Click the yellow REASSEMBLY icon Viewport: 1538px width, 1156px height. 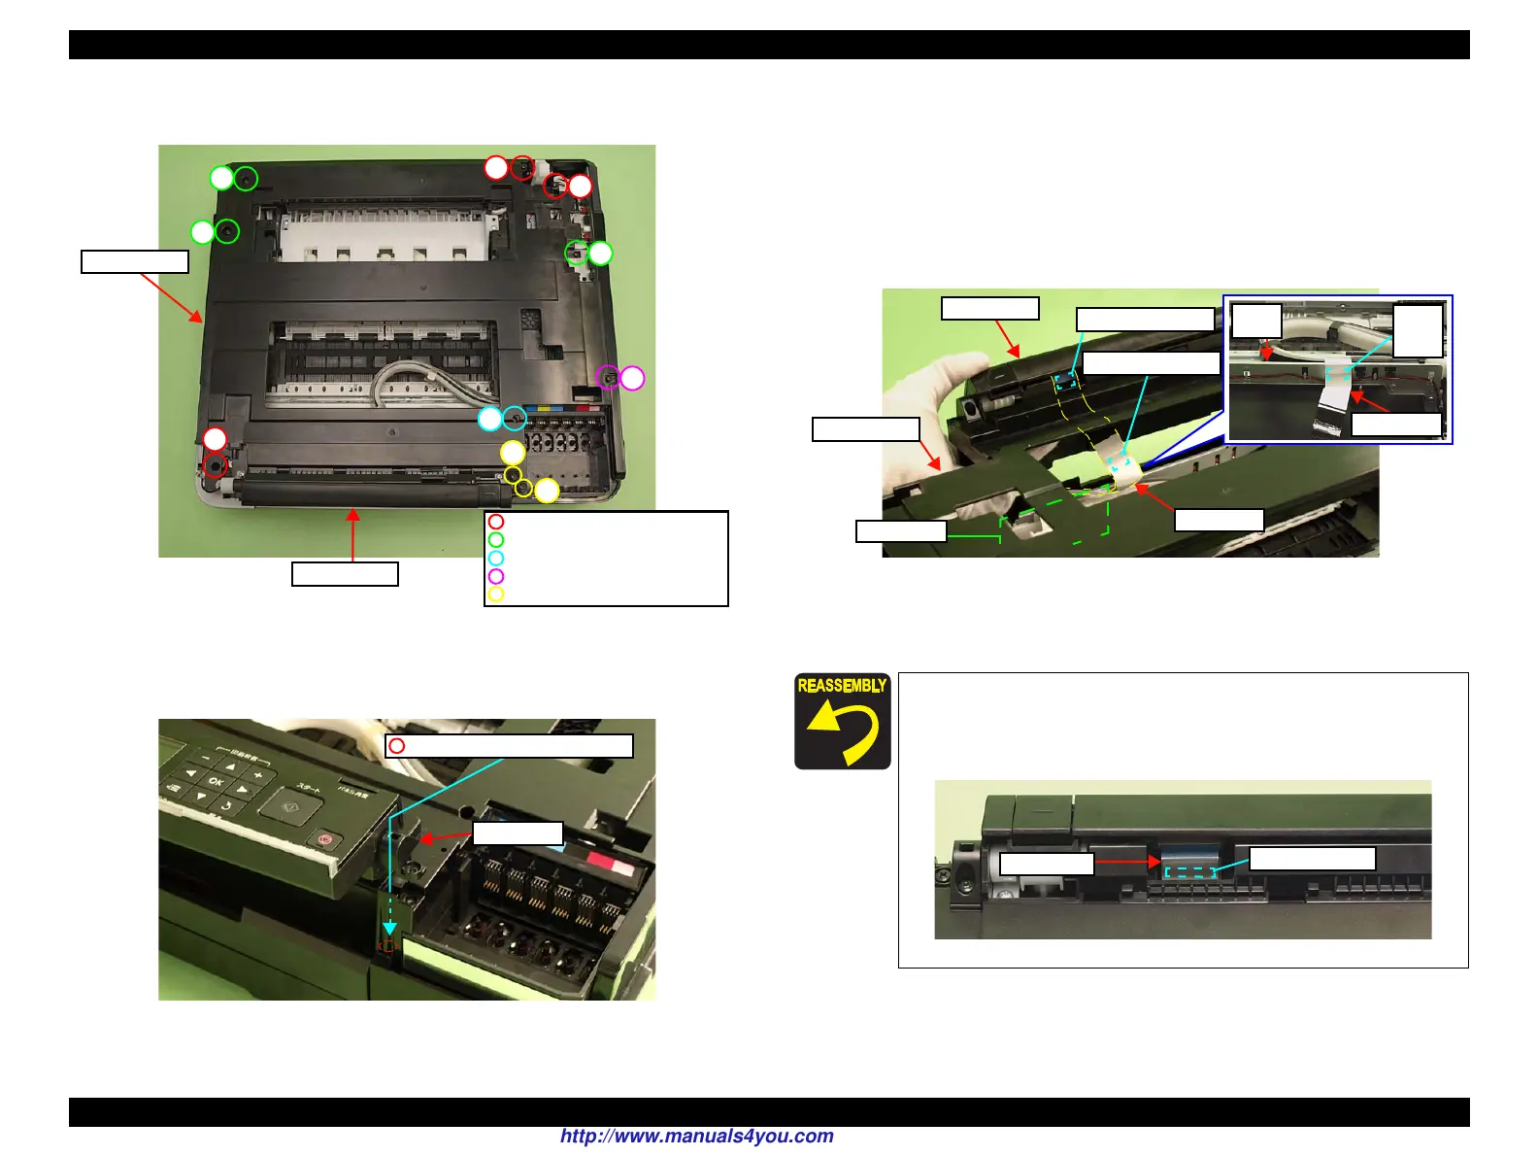click(842, 721)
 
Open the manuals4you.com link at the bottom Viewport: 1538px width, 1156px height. click(696, 1137)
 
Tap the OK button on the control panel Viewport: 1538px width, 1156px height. click(216, 782)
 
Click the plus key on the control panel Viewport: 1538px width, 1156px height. click(258, 775)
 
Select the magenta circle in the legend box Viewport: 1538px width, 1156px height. click(496, 576)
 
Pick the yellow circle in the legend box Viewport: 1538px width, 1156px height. click(496, 594)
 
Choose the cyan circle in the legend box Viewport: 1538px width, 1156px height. click(496, 558)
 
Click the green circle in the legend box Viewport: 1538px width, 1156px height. click(496, 540)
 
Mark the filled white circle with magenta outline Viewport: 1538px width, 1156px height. click(632, 378)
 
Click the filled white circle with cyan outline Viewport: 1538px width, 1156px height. click(490, 419)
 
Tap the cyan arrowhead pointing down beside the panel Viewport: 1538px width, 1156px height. click(389, 929)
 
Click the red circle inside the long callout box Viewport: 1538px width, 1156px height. click(396, 746)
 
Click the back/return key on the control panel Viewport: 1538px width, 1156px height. click(225, 805)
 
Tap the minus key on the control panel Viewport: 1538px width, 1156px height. click(206, 757)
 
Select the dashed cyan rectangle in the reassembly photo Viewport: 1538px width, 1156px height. click(1189, 872)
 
